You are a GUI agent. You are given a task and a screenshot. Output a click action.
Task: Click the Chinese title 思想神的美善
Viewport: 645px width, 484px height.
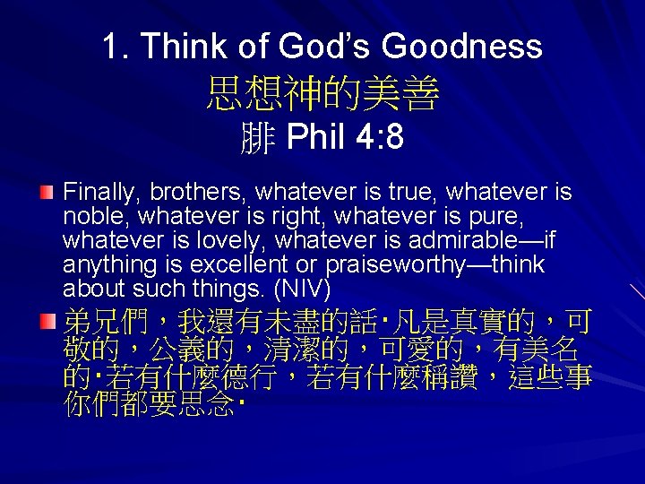[322, 93]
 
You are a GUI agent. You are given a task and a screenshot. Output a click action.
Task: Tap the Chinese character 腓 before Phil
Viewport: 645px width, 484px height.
[258, 139]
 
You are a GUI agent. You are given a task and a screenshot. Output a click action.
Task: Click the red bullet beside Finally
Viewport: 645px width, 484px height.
[47, 193]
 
